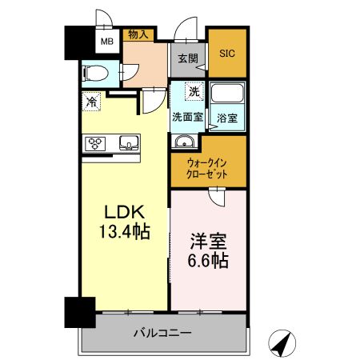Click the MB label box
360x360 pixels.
106,42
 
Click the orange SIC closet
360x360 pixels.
228,53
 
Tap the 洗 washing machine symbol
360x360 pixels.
194,92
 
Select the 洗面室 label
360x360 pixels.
187,116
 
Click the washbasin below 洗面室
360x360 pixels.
185,142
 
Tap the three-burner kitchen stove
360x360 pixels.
97,144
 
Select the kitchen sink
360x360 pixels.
128,144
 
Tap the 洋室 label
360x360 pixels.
207,239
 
